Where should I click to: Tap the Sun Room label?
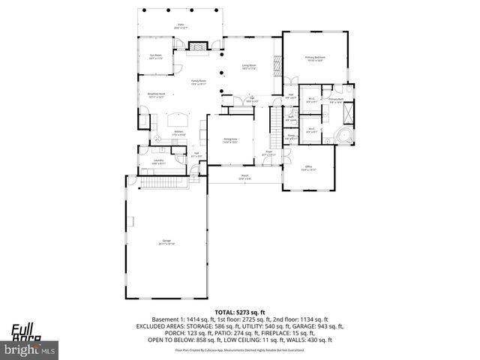[x=155, y=56]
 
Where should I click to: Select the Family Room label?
[x=198, y=82]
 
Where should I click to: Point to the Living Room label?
[x=248, y=67]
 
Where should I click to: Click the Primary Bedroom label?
[x=315, y=58]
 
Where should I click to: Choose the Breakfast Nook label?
[x=156, y=95]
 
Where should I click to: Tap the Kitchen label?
[x=179, y=133]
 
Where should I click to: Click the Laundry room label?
[x=159, y=161]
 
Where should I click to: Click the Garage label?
[x=166, y=242]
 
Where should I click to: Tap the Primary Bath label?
[x=335, y=100]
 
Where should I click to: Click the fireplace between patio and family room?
[x=198, y=48]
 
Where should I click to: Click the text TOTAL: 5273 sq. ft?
[x=240, y=311]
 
